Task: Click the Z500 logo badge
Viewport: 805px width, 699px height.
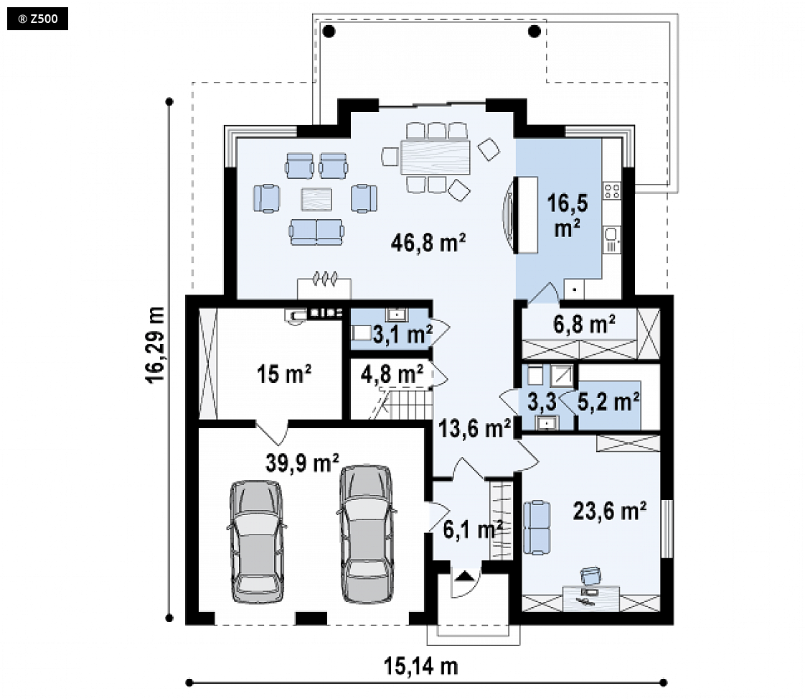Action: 37,19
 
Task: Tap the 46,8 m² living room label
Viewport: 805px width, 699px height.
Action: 428,243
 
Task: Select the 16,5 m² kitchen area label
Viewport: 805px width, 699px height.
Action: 568,216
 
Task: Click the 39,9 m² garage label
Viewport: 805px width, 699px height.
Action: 302,463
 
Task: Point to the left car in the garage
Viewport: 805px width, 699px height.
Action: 256,541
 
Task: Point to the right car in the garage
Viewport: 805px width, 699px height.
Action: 367,534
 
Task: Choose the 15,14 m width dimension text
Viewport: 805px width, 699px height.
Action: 420,666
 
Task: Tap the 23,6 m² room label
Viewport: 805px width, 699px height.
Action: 609,511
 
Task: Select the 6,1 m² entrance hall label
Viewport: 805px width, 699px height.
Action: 472,529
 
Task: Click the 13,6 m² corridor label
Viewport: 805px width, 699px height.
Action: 474,428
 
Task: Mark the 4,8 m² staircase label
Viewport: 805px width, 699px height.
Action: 392,374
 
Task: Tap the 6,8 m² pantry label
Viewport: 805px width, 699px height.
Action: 584,324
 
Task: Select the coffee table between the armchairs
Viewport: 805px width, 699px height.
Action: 316,200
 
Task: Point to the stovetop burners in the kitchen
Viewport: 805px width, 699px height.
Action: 612,191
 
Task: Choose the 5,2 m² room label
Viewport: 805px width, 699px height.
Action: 608,402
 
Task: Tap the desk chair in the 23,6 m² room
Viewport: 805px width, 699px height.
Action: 590,575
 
